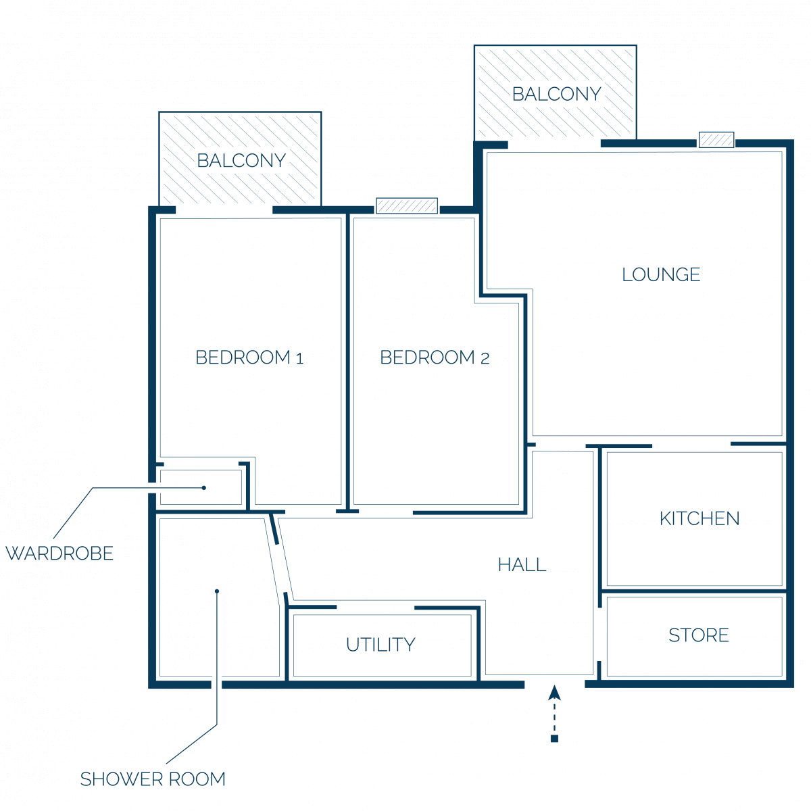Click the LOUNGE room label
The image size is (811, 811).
tap(661, 274)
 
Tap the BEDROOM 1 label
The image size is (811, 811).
tap(249, 358)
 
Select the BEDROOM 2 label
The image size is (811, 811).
tap(435, 358)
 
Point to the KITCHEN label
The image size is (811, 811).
tap(699, 518)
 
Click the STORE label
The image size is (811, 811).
tap(699, 635)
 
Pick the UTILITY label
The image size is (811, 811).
tap(380, 645)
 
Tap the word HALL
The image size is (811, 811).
tap(522, 565)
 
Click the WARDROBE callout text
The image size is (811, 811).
tap(59, 554)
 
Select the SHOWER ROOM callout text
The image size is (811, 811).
tap(153, 779)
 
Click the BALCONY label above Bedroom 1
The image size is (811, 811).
tap(241, 161)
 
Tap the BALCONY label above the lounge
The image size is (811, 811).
tap(556, 94)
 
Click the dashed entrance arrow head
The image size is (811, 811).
tap(554, 693)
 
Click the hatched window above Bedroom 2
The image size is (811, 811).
tap(407, 206)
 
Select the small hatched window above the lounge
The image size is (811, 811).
tap(716, 140)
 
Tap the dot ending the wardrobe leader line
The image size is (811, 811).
tap(203, 488)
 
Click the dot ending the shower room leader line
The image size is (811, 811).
tap(217, 591)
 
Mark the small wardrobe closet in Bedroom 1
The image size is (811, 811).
tap(201, 487)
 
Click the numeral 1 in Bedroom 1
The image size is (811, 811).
tap(299, 359)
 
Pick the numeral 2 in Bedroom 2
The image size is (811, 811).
tap(485, 359)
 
